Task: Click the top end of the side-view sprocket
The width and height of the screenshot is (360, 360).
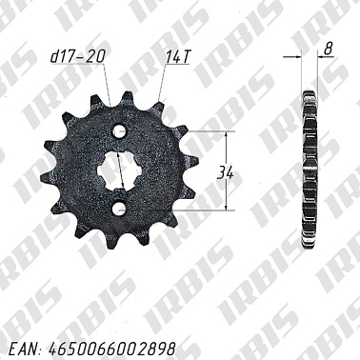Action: pyautogui.click(x=308, y=94)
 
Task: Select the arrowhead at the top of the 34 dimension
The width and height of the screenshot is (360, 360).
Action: pyautogui.click(x=227, y=134)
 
